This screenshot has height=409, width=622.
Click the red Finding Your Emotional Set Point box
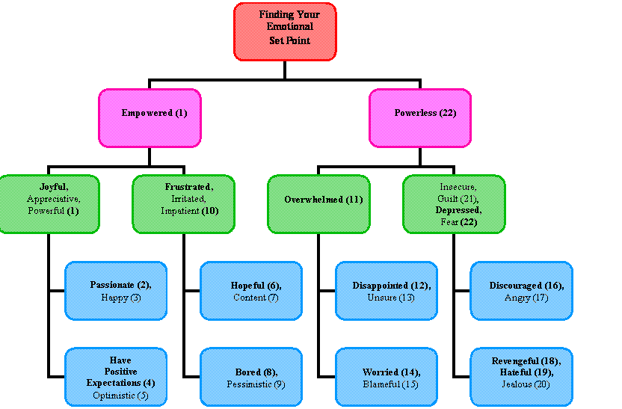point(285,31)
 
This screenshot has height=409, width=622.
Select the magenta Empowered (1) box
point(150,117)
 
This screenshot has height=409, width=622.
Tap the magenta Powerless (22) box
point(420,117)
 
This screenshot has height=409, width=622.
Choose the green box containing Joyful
point(49,204)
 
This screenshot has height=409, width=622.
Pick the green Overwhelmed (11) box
point(318,204)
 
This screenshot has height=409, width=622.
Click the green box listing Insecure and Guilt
point(454,204)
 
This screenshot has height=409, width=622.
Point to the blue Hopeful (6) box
point(251,291)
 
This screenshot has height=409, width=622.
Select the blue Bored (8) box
point(251,378)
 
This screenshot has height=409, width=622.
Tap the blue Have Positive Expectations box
point(116,378)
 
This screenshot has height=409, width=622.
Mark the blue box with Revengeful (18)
point(521,378)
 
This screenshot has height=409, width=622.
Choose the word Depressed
point(458,211)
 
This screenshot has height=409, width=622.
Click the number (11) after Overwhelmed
point(354,200)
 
